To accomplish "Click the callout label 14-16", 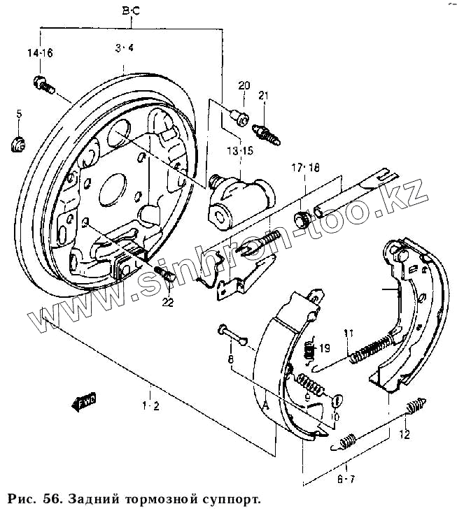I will (40, 53).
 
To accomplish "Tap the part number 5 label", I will (19, 114).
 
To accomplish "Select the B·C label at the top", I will (131, 11).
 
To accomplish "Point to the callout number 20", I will (244, 86).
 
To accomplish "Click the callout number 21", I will (264, 95).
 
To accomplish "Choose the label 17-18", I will (305, 168).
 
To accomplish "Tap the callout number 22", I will (167, 302).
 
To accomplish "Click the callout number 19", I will (323, 348).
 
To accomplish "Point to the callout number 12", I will (404, 434).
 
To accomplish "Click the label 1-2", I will (150, 405).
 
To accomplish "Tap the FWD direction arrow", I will (83, 402).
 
